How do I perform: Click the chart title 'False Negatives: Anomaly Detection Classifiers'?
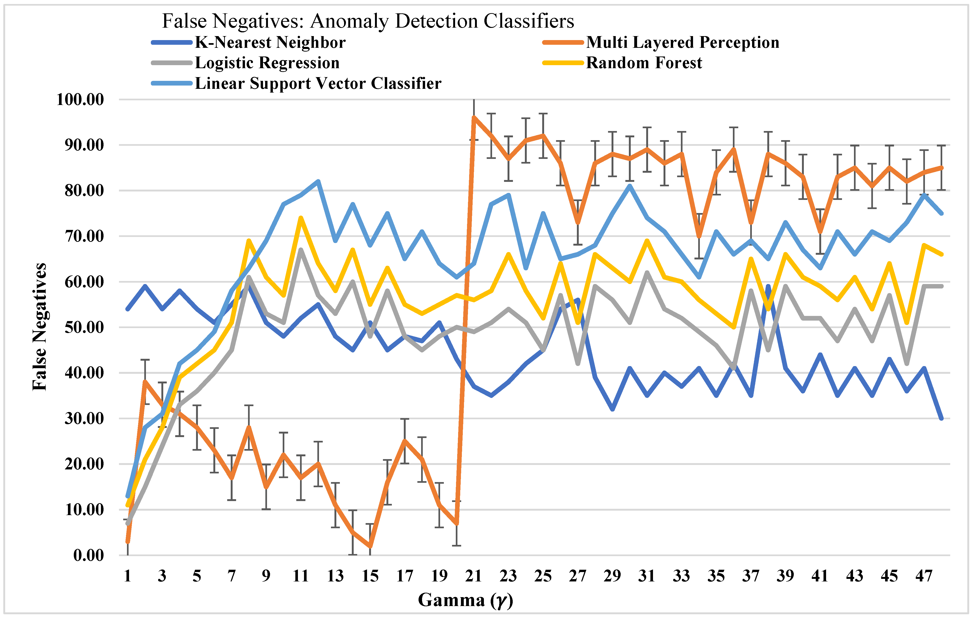click(x=368, y=21)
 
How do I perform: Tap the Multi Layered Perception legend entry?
click(x=682, y=42)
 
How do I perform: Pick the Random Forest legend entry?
click(x=644, y=63)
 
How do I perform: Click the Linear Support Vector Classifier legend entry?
click(x=318, y=84)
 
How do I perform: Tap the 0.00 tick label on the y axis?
click(x=88, y=555)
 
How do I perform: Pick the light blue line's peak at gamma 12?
click(x=318, y=181)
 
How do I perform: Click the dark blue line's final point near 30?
click(x=941, y=419)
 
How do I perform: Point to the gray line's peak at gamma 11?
click(x=301, y=250)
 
